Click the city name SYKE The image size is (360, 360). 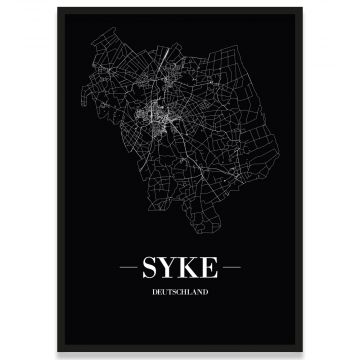[x=180, y=271]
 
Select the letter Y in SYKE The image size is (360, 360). [x=172, y=271]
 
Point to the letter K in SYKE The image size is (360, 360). [x=189, y=271]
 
